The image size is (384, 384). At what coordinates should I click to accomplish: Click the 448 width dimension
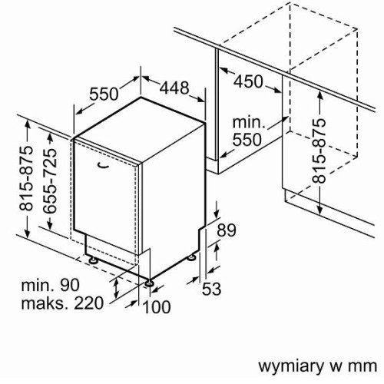coord(174,88)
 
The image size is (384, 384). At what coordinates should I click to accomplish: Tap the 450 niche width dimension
coord(248,81)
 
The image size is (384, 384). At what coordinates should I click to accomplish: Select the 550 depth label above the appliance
coord(104,94)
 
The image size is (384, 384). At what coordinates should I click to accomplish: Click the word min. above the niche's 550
coord(249,123)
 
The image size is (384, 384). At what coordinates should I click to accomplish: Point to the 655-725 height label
coord(49,181)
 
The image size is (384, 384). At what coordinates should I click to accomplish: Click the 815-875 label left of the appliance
coord(26,178)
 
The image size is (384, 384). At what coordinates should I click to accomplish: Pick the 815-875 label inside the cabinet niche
coord(319,151)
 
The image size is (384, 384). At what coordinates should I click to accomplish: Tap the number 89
coord(227,230)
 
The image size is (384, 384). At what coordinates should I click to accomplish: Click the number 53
coord(211,289)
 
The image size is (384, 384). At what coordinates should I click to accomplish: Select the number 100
coord(157,306)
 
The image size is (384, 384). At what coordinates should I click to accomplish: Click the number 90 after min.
coord(70,285)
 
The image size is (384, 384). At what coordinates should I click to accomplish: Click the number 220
coord(88,303)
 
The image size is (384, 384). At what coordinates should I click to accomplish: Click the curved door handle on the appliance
coord(104,166)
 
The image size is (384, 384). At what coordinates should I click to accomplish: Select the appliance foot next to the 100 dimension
coord(149,283)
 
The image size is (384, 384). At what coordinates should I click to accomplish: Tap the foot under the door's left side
coord(93,260)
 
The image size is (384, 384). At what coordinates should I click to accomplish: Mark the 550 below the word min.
coord(247,140)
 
